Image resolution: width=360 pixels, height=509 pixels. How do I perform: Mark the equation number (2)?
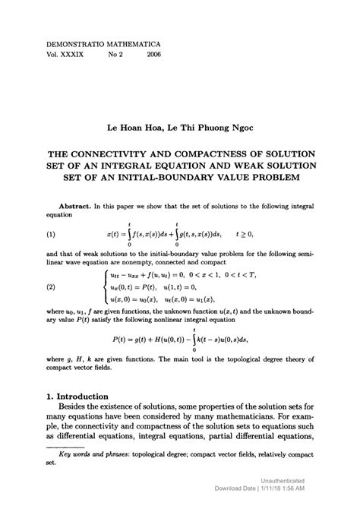click(x=52, y=288)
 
